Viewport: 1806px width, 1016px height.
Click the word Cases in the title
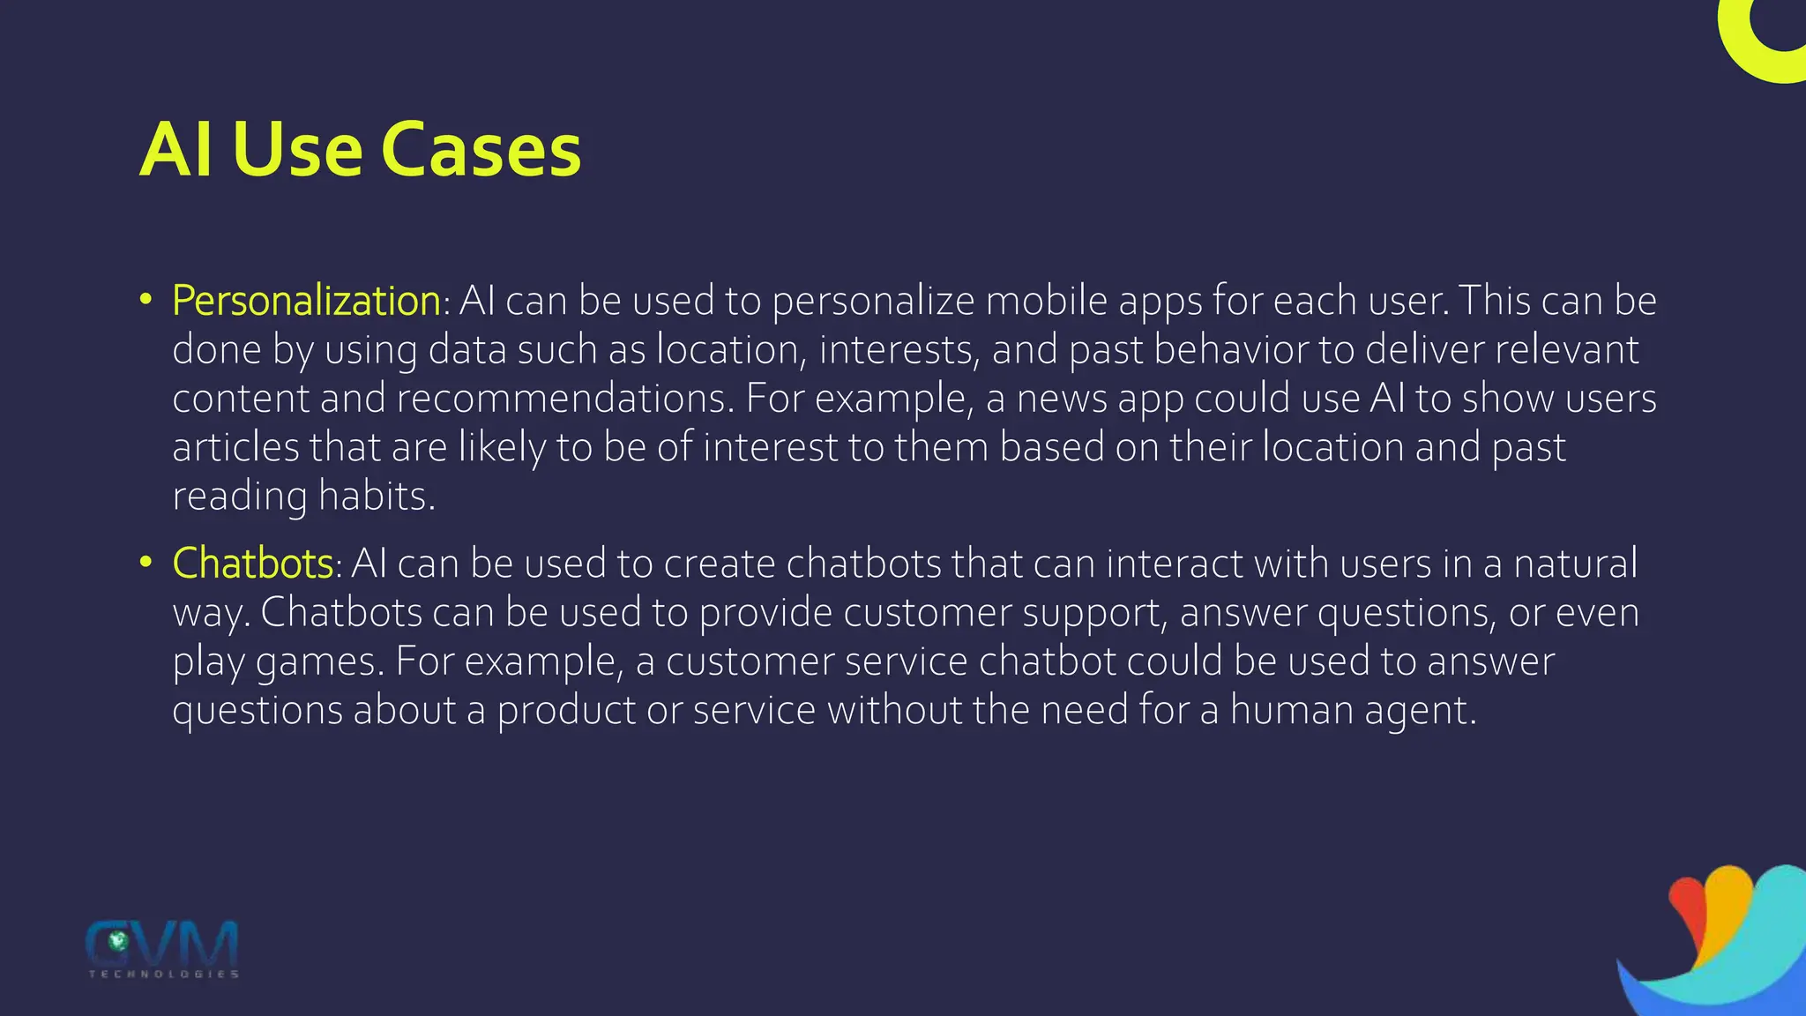point(481,150)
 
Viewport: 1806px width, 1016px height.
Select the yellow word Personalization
point(306,301)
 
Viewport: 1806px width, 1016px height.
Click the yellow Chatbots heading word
point(253,564)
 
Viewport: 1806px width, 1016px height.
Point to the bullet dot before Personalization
point(146,299)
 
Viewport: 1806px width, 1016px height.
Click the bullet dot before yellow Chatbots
point(146,562)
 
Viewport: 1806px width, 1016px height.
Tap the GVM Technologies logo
point(163,948)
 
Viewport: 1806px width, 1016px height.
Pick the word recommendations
point(563,399)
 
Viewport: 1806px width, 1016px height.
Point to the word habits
point(377,497)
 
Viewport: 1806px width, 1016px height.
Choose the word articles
point(235,447)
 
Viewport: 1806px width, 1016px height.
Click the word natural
point(1575,564)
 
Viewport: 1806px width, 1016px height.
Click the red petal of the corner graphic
point(1686,913)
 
